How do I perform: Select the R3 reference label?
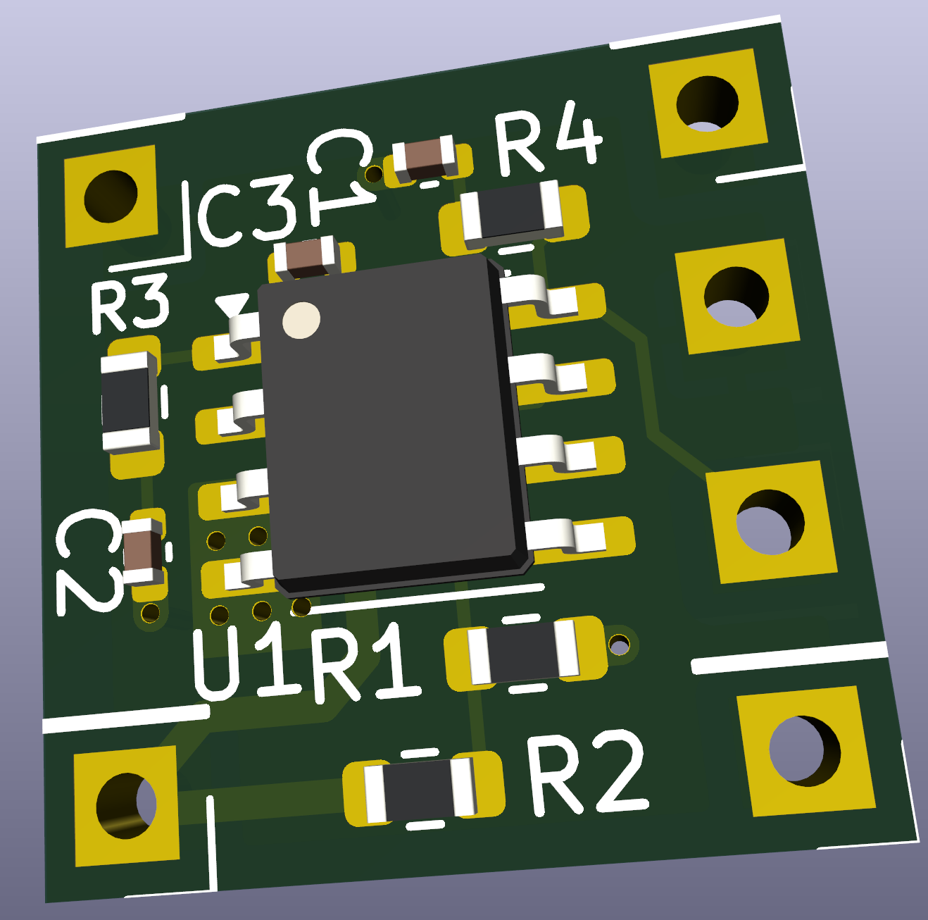click(130, 304)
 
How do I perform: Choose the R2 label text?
click(586, 773)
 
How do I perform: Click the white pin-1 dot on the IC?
click(301, 321)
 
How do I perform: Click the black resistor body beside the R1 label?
click(524, 652)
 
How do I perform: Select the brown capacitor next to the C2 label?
click(143, 550)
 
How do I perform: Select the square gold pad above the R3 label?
click(111, 197)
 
